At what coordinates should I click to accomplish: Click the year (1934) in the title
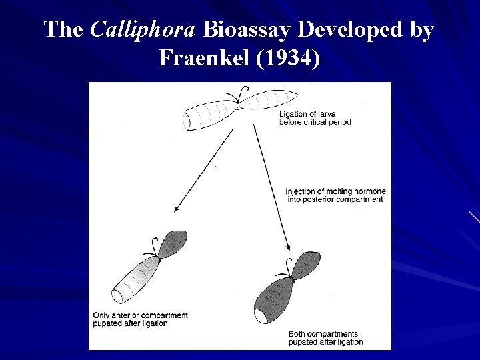click(x=286, y=59)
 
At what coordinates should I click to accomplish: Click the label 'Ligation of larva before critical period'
click(x=315, y=118)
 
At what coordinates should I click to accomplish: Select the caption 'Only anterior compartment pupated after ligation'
click(x=140, y=319)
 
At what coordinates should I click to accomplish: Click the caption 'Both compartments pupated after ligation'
click(x=325, y=337)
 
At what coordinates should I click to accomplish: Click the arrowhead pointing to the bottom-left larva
click(x=177, y=209)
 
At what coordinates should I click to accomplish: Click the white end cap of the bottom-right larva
click(x=261, y=315)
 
